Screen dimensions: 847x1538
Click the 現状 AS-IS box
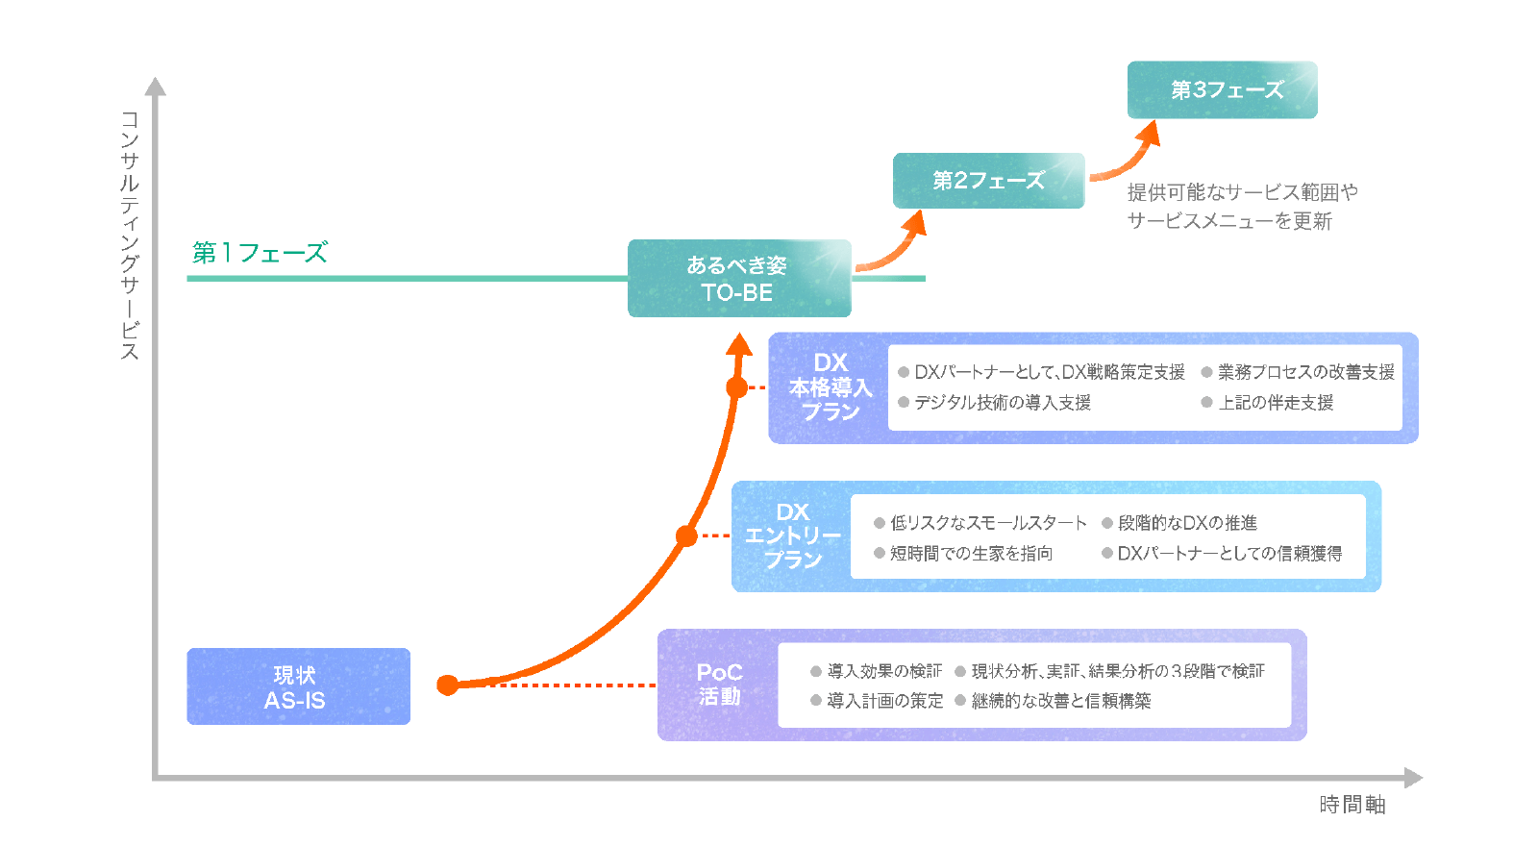[x=298, y=686]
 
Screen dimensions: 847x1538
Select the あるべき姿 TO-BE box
[x=738, y=279]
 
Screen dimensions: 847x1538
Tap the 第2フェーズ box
[x=988, y=181]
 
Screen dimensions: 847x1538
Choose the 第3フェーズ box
[x=1222, y=90]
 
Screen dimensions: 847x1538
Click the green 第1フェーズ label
[x=260, y=253]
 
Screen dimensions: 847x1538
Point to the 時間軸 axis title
[x=1352, y=805]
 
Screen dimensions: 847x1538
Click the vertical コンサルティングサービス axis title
[x=130, y=236]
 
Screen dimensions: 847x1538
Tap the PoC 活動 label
[x=719, y=685]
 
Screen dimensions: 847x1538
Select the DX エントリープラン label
[x=793, y=536]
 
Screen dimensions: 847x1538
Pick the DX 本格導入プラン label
[x=831, y=387]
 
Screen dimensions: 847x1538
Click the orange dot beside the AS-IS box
[x=448, y=685]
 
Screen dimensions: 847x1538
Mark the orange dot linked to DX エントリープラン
[x=686, y=536]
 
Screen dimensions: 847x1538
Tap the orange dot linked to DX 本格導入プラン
[x=737, y=387]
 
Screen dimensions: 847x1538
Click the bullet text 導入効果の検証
[x=883, y=671]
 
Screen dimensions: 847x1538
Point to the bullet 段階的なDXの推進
[x=1186, y=523]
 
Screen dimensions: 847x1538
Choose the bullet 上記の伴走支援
[x=1275, y=403]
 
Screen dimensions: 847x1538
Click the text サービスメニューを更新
[x=1228, y=221]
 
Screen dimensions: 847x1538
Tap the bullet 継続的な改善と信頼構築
[x=1060, y=701]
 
